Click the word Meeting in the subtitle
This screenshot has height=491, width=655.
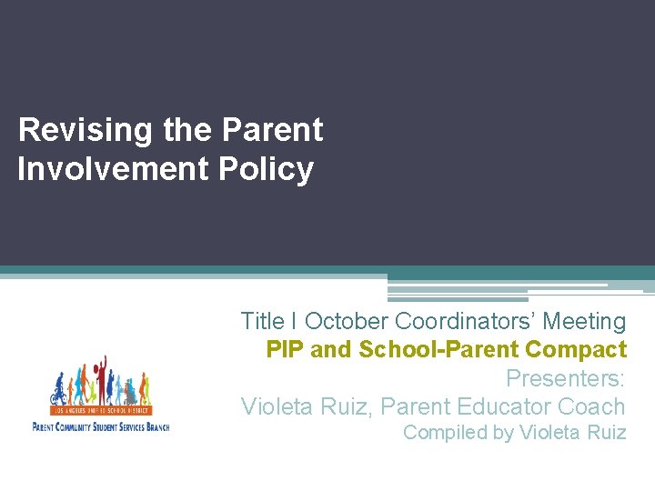[584, 322]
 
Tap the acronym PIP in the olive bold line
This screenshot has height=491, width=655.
[285, 349]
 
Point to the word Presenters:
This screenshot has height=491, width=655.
[565, 378]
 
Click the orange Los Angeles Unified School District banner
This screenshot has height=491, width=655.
[101, 411]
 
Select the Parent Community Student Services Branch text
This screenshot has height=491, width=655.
[100, 426]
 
